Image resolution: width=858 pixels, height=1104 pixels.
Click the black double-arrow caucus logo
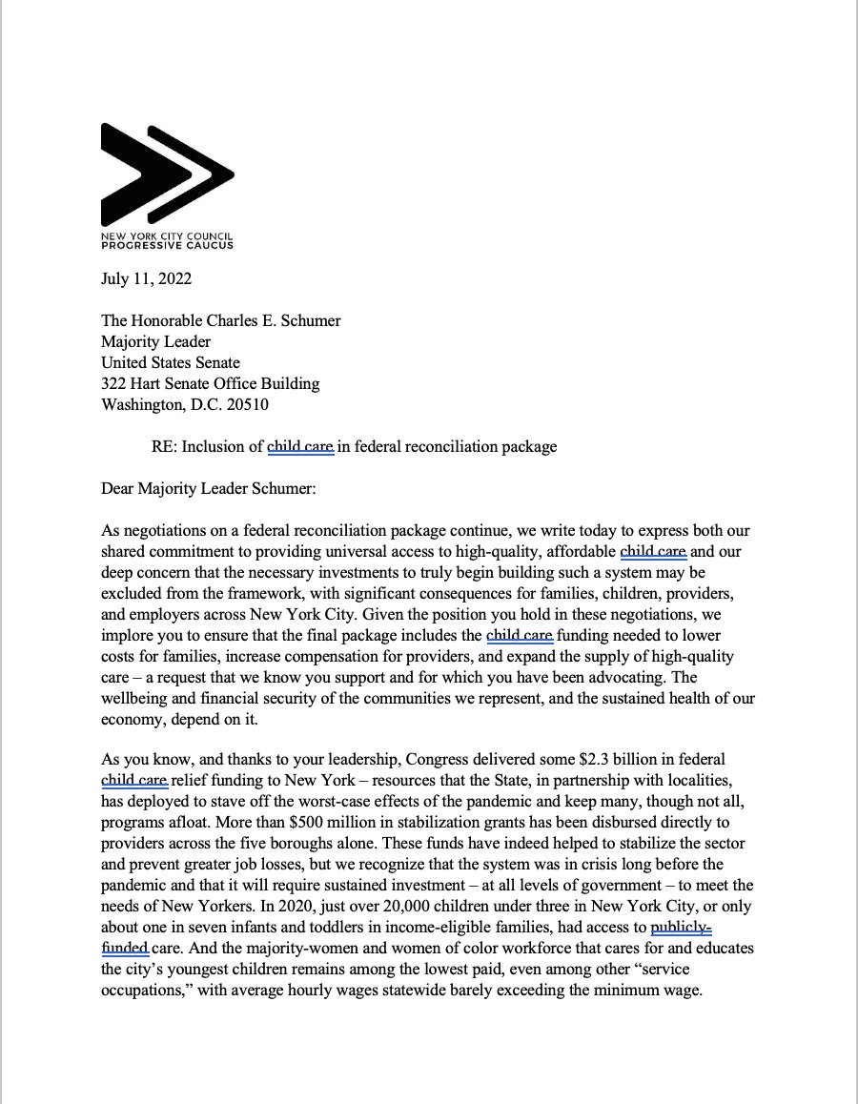tap(167, 175)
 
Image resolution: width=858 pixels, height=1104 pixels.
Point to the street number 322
tap(114, 383)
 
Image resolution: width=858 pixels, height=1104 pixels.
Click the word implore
tap(129, 635)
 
